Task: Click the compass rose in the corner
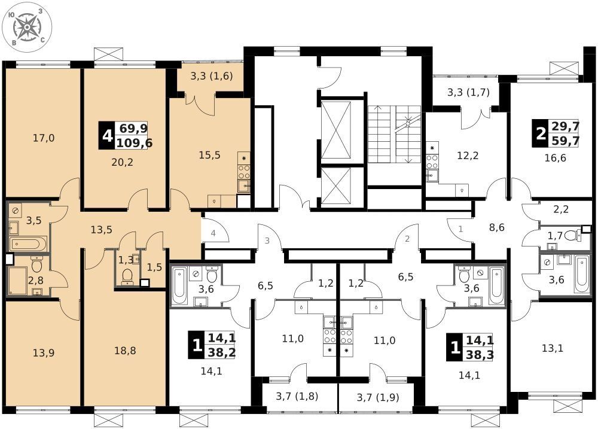(27, 27)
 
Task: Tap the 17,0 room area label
(44, 138)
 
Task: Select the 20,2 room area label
(123, 163)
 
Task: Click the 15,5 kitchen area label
(210, 155)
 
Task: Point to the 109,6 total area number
(135, 143)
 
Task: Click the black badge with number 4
(106, 135)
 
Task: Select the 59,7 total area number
(566, 141)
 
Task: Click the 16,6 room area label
(556, 157)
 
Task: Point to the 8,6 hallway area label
(497, 228)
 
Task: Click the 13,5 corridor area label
(102, 230)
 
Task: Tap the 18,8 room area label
(125, 351)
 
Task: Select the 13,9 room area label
(44, 353)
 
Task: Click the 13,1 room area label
(553, 348)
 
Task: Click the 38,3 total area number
(480, 355)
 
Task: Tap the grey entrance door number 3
(267, 241)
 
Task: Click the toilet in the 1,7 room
(571, 236)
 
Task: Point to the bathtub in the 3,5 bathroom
(28, 244)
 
